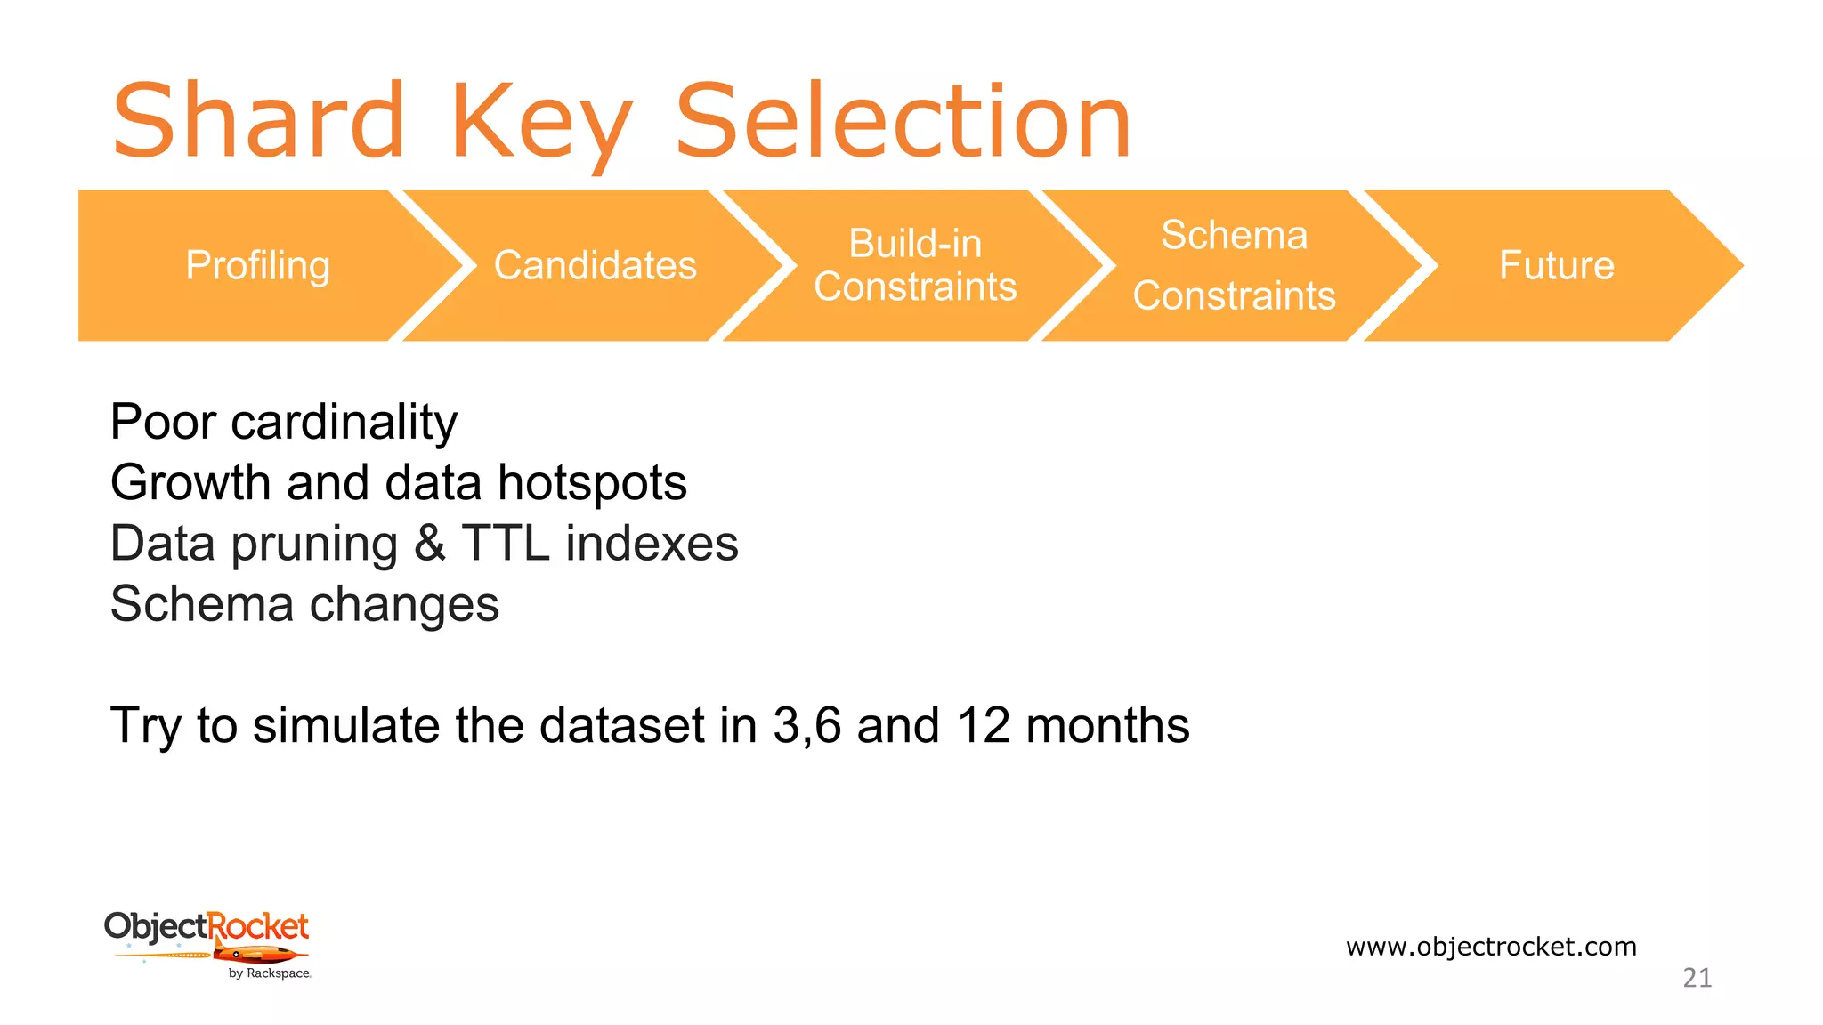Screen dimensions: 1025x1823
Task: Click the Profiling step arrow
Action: pyautogui.click(x=257, y=265)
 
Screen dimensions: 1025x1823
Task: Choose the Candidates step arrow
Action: pyautogui.click(x=595, y=265)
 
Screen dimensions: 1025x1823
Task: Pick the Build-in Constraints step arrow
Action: pyautogui.click(x=915, y=265)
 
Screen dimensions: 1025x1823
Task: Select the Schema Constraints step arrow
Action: pyautogui.click(x=1234, y=265)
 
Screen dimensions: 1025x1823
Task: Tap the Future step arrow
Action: pyautogui.click(x=1556, y=265)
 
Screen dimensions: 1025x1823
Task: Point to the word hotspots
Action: pyautogui.click(x=592, y=482)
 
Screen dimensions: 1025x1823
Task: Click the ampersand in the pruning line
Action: pyautogui.click(x=430, y=543)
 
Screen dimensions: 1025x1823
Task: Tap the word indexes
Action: pyautogui.click(x=652, y=543)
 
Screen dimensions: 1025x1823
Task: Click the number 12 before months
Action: pyautogui.click(x=984, y=725)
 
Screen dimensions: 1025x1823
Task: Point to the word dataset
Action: pyautogui.click(x=622, y=725)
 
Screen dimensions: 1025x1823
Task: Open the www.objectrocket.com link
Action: pyautogui.click(x=1491, y=946)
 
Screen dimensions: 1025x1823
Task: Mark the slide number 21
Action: pyautogui.click(x=1697, y=978)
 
